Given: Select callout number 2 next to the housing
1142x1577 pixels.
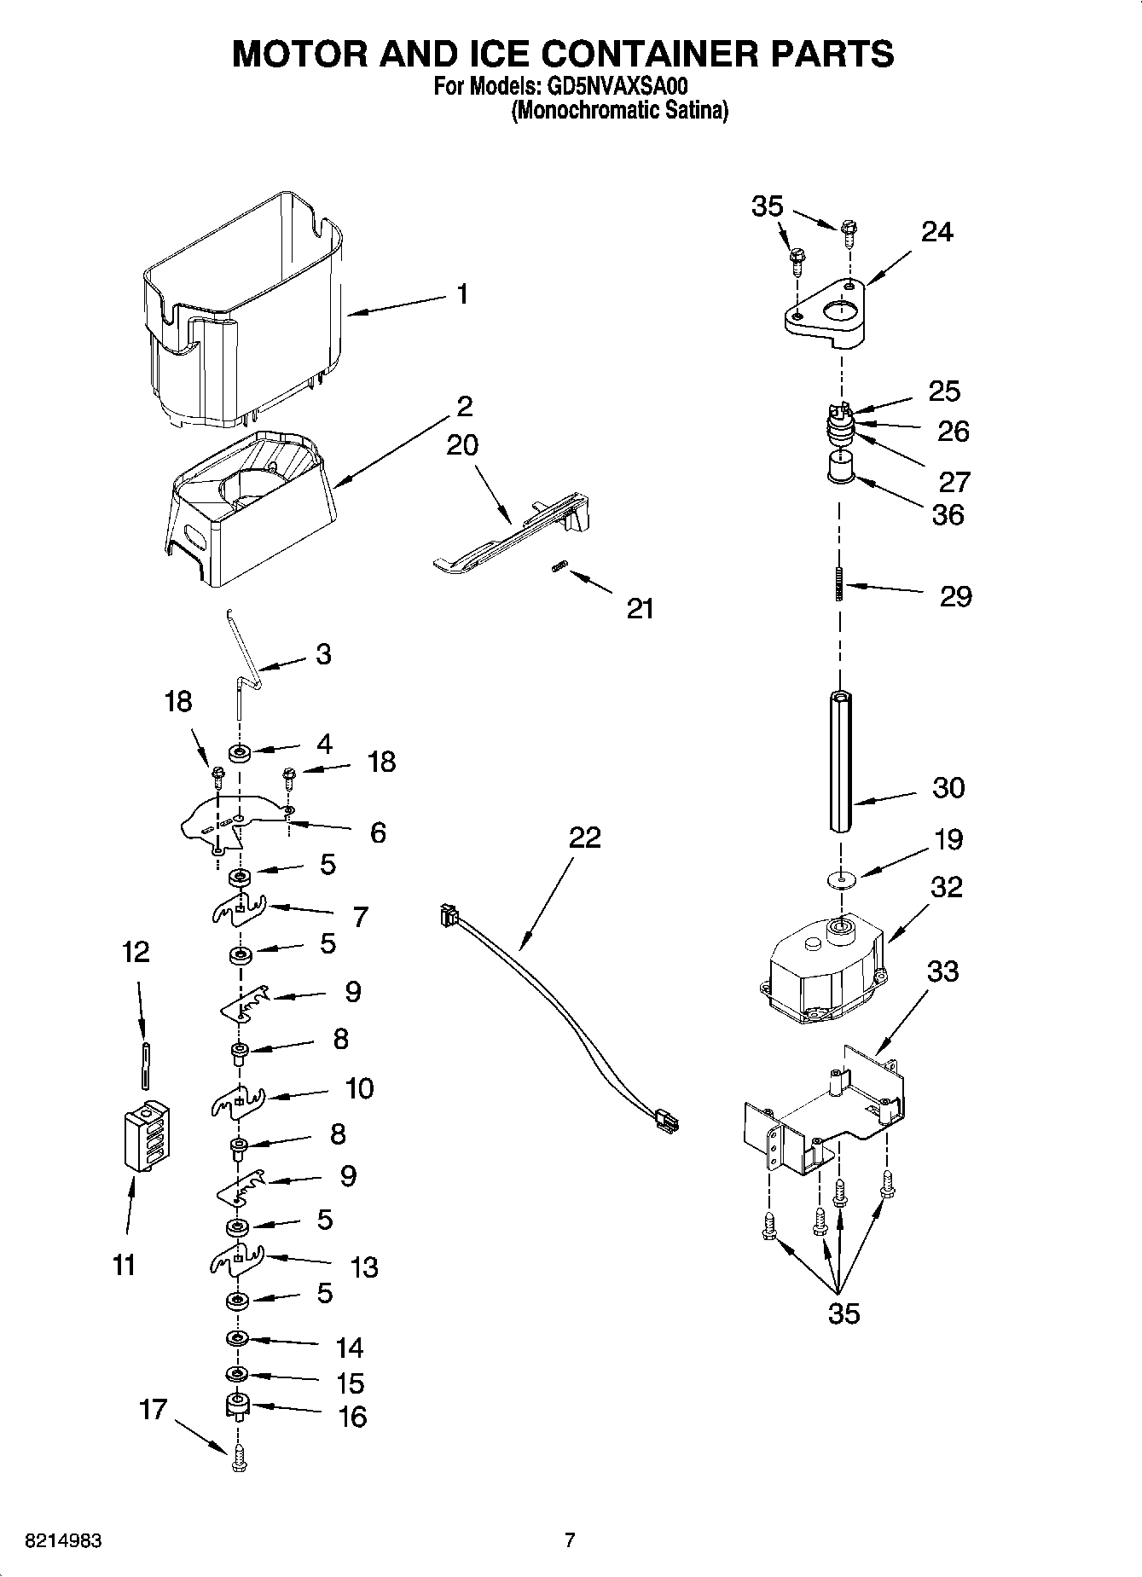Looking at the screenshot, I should (465, 405).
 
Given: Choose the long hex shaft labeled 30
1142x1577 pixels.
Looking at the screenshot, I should (839, 762).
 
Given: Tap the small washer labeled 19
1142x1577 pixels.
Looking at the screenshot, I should (841, 879).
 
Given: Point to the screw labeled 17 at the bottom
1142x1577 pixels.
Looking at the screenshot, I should (239, 1460).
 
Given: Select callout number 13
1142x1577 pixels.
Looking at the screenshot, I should (365, 1267).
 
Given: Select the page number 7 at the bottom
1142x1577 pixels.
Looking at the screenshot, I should (570, 1540).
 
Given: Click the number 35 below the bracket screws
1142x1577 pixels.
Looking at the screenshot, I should (843, 1314).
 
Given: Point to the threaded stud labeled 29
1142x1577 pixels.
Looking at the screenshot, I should (840, 585).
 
